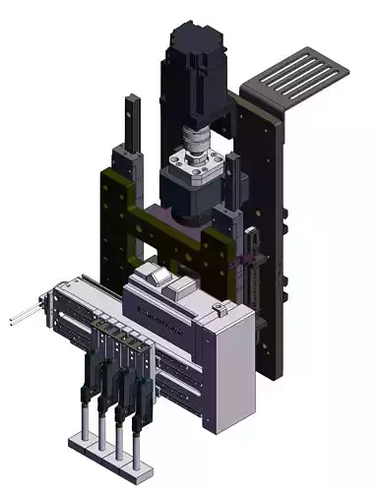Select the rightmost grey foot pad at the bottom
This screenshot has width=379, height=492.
click(x=136, y=458)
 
